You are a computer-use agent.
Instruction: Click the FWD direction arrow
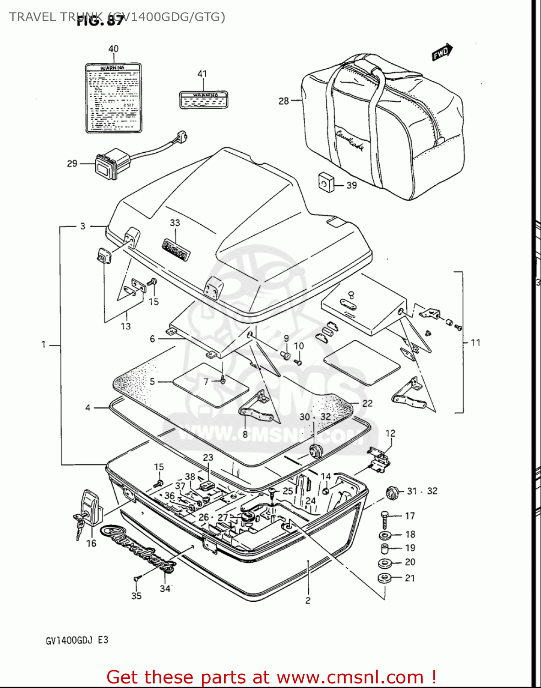[442, 52]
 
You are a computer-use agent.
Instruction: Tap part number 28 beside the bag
[284, 100]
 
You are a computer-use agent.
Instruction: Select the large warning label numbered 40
[113, 98]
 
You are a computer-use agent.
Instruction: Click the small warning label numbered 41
[203, 99]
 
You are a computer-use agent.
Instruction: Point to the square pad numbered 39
[326, 181]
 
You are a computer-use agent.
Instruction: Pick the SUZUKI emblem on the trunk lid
[175, 249]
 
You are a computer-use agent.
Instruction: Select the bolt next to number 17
[385, 519]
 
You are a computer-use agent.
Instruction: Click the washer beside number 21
[384, 578]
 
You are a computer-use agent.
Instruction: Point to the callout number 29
[72, 164]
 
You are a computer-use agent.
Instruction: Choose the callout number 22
[367, 403]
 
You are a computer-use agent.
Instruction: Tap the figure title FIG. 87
[100, 21]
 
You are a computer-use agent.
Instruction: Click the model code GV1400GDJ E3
[77, 640]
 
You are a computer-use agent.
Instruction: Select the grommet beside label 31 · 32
[391, 493]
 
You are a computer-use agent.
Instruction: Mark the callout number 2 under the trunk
[308, 600]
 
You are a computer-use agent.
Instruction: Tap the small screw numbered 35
[136, 580]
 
